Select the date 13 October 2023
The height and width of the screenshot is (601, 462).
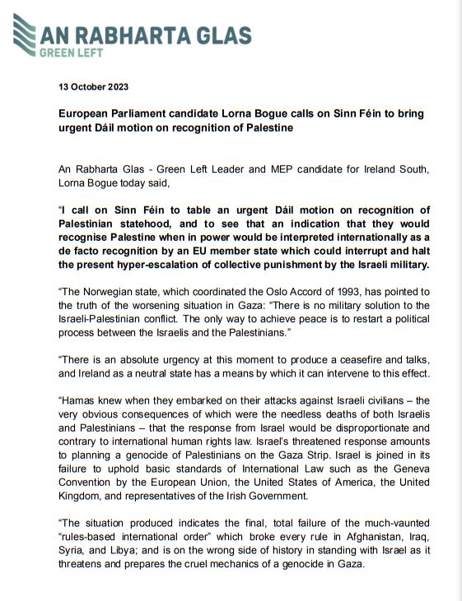[x=93, y=86]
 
